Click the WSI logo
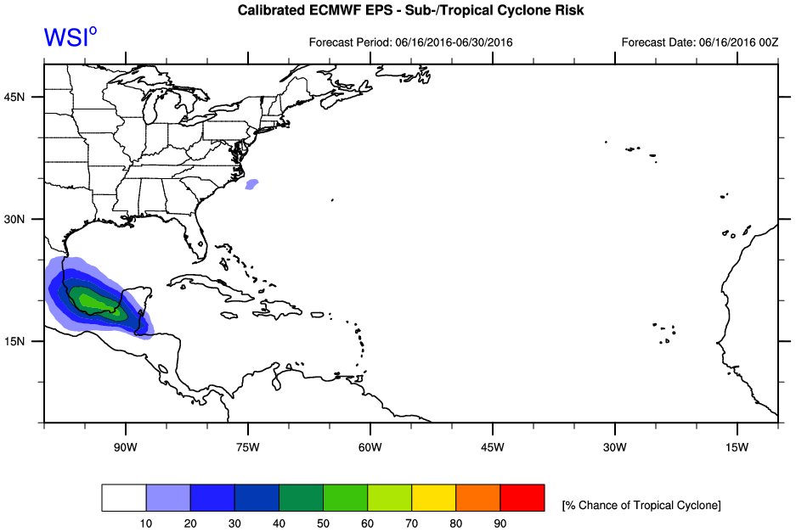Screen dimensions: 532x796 70,36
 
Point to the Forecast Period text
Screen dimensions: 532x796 410,42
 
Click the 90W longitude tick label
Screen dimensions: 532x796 125,447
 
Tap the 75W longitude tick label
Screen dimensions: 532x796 247,447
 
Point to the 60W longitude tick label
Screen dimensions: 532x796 370,447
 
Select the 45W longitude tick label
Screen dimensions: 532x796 492,447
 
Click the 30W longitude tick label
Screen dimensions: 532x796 614,447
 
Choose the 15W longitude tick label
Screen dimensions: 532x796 737,447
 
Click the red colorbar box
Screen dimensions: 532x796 522,498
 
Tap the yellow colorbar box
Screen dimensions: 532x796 433,498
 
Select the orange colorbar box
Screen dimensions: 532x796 477,498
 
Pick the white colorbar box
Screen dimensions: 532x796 124,498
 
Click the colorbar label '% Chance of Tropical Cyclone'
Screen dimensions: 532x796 641,506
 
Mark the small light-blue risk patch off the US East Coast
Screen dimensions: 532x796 251,183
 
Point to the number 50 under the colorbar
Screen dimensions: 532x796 323,524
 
